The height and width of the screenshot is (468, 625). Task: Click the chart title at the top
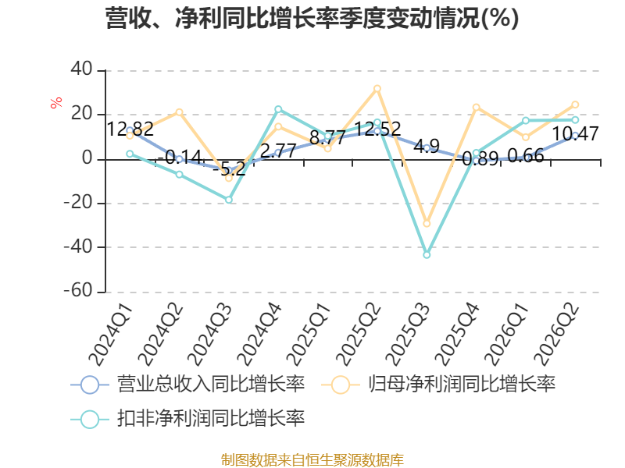(x=312, y=18)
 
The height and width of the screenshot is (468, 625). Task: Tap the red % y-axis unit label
(x=56, y=102)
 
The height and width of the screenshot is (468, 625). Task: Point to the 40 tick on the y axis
(x=82, y=69)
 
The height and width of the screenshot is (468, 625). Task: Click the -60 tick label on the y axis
(x=79, y=290)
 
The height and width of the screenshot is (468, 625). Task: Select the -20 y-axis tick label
(x=79, y=202)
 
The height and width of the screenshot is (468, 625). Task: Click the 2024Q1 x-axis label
(x=110, y=335)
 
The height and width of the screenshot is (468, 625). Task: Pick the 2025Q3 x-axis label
(x=409, y=335)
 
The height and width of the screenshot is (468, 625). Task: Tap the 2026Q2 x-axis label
(x=557, y=335)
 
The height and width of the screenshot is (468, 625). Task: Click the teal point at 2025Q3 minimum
(x=427, y=255)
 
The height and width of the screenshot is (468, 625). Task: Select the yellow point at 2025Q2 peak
(x=377, y=88)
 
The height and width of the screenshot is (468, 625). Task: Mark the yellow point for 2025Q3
(x=427, y=223)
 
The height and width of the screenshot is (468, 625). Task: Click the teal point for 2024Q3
(x=229, y=200)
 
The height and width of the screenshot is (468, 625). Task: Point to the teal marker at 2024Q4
(x=278, y=109)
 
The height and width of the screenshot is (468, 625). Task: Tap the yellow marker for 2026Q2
(x=575, y=105)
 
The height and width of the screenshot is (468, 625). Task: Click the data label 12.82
(x=130, y=129)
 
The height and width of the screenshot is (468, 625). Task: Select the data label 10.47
(x=575, y=133)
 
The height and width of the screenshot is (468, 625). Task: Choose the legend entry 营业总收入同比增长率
(x=187, y=385)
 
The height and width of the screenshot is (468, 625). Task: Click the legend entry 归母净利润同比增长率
(x=438, y=385)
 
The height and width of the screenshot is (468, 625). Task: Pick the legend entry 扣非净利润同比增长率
(x=187, y=419)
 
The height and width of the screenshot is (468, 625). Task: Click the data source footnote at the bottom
(x=312, y=459)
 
